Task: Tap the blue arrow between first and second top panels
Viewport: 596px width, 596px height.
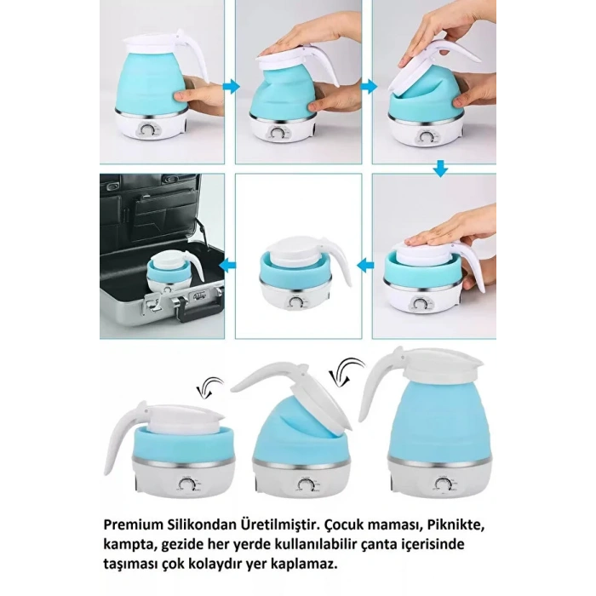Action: pos(231,84)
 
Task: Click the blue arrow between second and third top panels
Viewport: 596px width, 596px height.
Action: pos(367,84)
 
